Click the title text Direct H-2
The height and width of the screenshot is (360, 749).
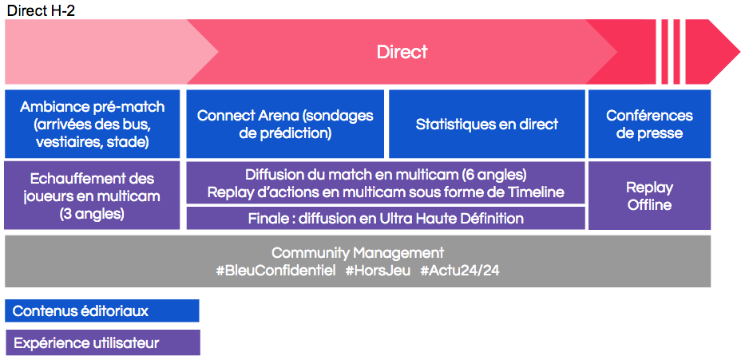point(41,10)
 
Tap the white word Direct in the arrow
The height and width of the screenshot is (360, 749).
point(402,52)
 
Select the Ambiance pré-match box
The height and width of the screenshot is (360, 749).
point(92,124)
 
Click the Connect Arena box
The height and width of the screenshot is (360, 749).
point(285,124)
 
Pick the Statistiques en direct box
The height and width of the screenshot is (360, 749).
point(487,124)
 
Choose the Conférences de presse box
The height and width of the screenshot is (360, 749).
point(649,124)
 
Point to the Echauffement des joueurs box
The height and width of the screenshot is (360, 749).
point(92,196)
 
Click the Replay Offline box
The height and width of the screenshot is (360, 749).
point(649,196)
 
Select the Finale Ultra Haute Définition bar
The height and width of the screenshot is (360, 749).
point(386,218)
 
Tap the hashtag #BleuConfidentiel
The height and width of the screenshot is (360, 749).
point(276,271)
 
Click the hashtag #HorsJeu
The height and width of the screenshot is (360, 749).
point(378,271)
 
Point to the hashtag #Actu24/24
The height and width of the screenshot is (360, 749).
point(460,271)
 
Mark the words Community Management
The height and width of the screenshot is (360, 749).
point(358,252)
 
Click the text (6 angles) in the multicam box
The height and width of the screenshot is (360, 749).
point(494,175)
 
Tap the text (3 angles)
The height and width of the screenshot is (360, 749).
point(92,214)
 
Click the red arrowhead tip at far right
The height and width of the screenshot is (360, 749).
point(739,52)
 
